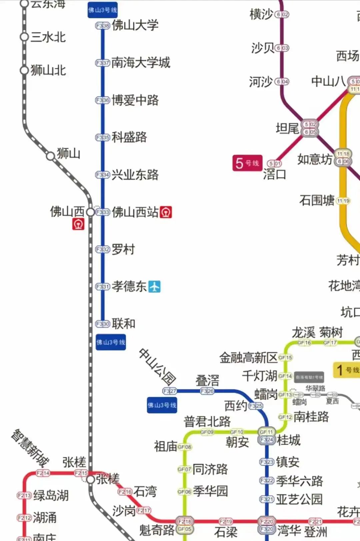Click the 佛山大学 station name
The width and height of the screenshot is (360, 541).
click(x=135, y=25)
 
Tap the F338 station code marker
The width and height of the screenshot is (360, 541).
click(x=102, y=26)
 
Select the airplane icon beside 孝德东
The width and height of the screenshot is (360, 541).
click(x=154, y=286)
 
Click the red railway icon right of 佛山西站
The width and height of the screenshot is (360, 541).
click(x=166, y=212)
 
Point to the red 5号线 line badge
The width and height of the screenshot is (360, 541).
click(x=247, y=163)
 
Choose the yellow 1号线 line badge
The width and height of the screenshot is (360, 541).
click(x=347, y=370)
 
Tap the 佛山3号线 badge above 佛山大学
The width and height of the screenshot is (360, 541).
click(x=102, y=10)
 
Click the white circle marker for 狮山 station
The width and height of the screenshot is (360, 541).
click(x=50, y=156)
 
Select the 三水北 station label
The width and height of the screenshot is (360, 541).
click(x=48, y=37)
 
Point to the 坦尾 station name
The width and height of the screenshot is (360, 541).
click(x=287, y=128)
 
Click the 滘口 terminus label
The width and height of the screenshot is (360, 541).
click(x=275, y=174)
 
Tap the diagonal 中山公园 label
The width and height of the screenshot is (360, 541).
click(x=157, y=366)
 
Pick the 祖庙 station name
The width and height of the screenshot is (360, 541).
click(x=165, y=446)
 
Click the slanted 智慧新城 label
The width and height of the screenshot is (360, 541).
click(x=30, y=448)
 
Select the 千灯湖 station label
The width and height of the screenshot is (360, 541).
click(x=259, y=376)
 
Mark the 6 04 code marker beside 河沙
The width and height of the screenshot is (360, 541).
click(x=282, y=82)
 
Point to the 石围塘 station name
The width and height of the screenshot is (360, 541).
click(x=317, y=200)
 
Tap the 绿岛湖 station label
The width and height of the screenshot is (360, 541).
click(x=51, y=495)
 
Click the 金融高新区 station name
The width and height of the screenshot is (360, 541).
click(x=248, y=358)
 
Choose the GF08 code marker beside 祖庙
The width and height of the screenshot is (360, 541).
click(x=184, y=447)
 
